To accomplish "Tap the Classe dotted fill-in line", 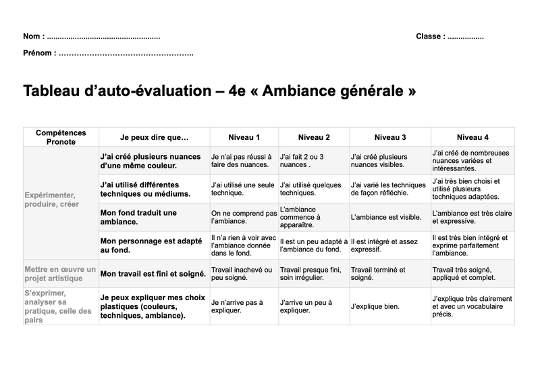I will pos(465,37).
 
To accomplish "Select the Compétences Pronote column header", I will pos(61,137).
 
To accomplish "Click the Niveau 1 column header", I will pos(244,137).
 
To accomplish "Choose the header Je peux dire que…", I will pos(154,137).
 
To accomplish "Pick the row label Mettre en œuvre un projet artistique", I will pos(59,273).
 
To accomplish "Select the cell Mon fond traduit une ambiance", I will pos(138,217).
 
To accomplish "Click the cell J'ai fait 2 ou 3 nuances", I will pos(302,160).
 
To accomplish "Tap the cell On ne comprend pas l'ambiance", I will pos(243,217).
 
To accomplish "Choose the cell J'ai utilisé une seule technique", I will pos(242,189).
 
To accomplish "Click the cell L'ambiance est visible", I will pos(381,217).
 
